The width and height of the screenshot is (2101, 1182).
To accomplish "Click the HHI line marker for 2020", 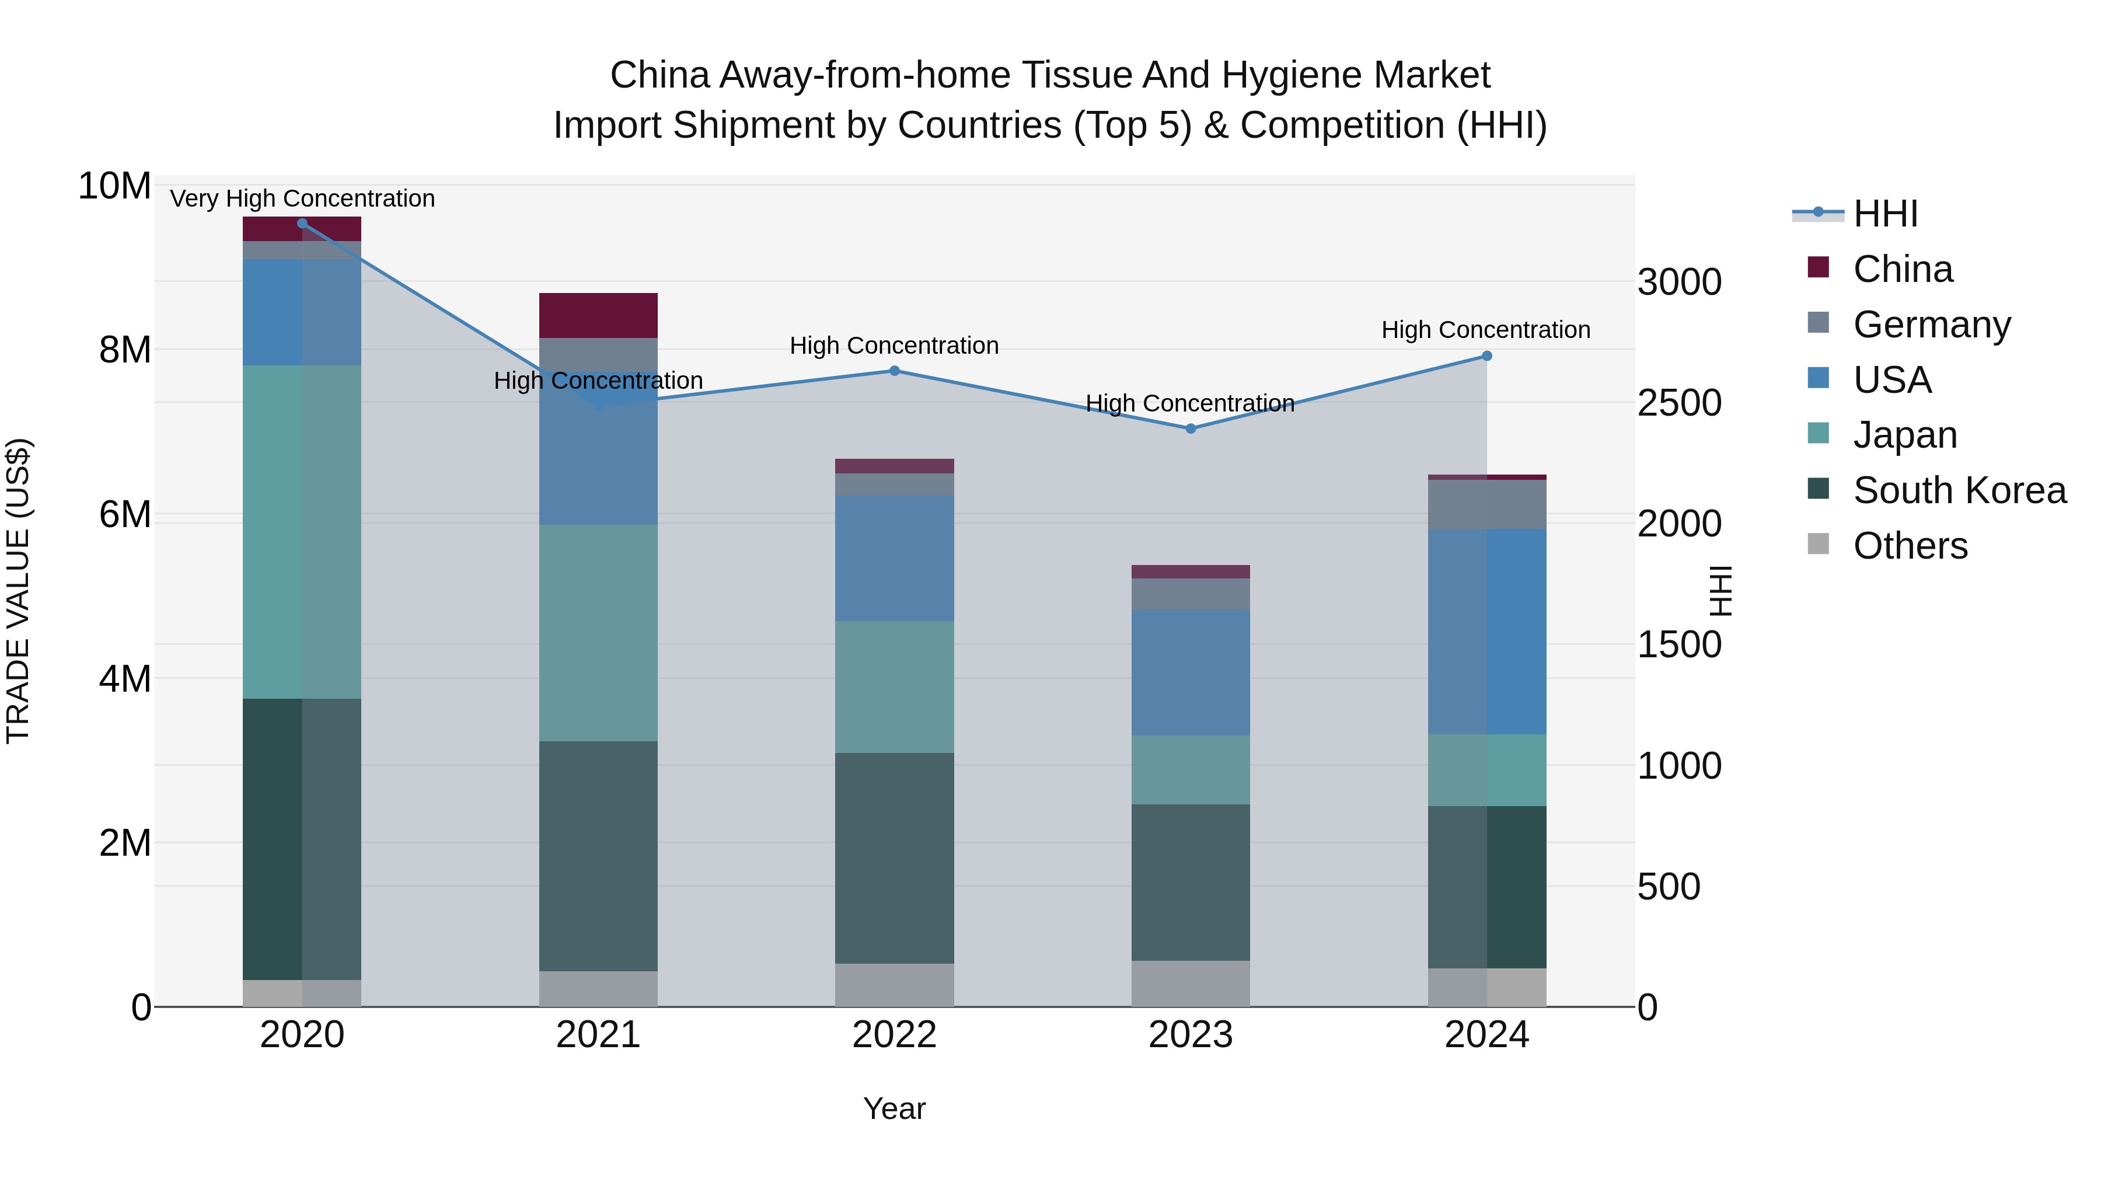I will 302,224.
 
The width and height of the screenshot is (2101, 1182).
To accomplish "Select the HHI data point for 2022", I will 894,371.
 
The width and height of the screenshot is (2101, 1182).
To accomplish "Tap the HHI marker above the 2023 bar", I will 1190,429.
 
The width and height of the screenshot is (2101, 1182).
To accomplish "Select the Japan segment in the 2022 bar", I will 894,687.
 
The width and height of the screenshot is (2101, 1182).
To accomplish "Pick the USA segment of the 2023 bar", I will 1190,672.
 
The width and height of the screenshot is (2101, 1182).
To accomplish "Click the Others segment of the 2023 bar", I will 1190,983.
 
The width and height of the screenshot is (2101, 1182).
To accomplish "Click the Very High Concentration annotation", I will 302,199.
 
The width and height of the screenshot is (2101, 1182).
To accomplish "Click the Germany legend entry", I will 1931,325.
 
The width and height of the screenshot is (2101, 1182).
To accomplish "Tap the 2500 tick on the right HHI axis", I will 1679,403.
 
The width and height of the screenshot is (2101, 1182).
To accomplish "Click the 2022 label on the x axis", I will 894,1035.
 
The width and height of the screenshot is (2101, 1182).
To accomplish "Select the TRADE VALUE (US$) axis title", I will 18,591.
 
